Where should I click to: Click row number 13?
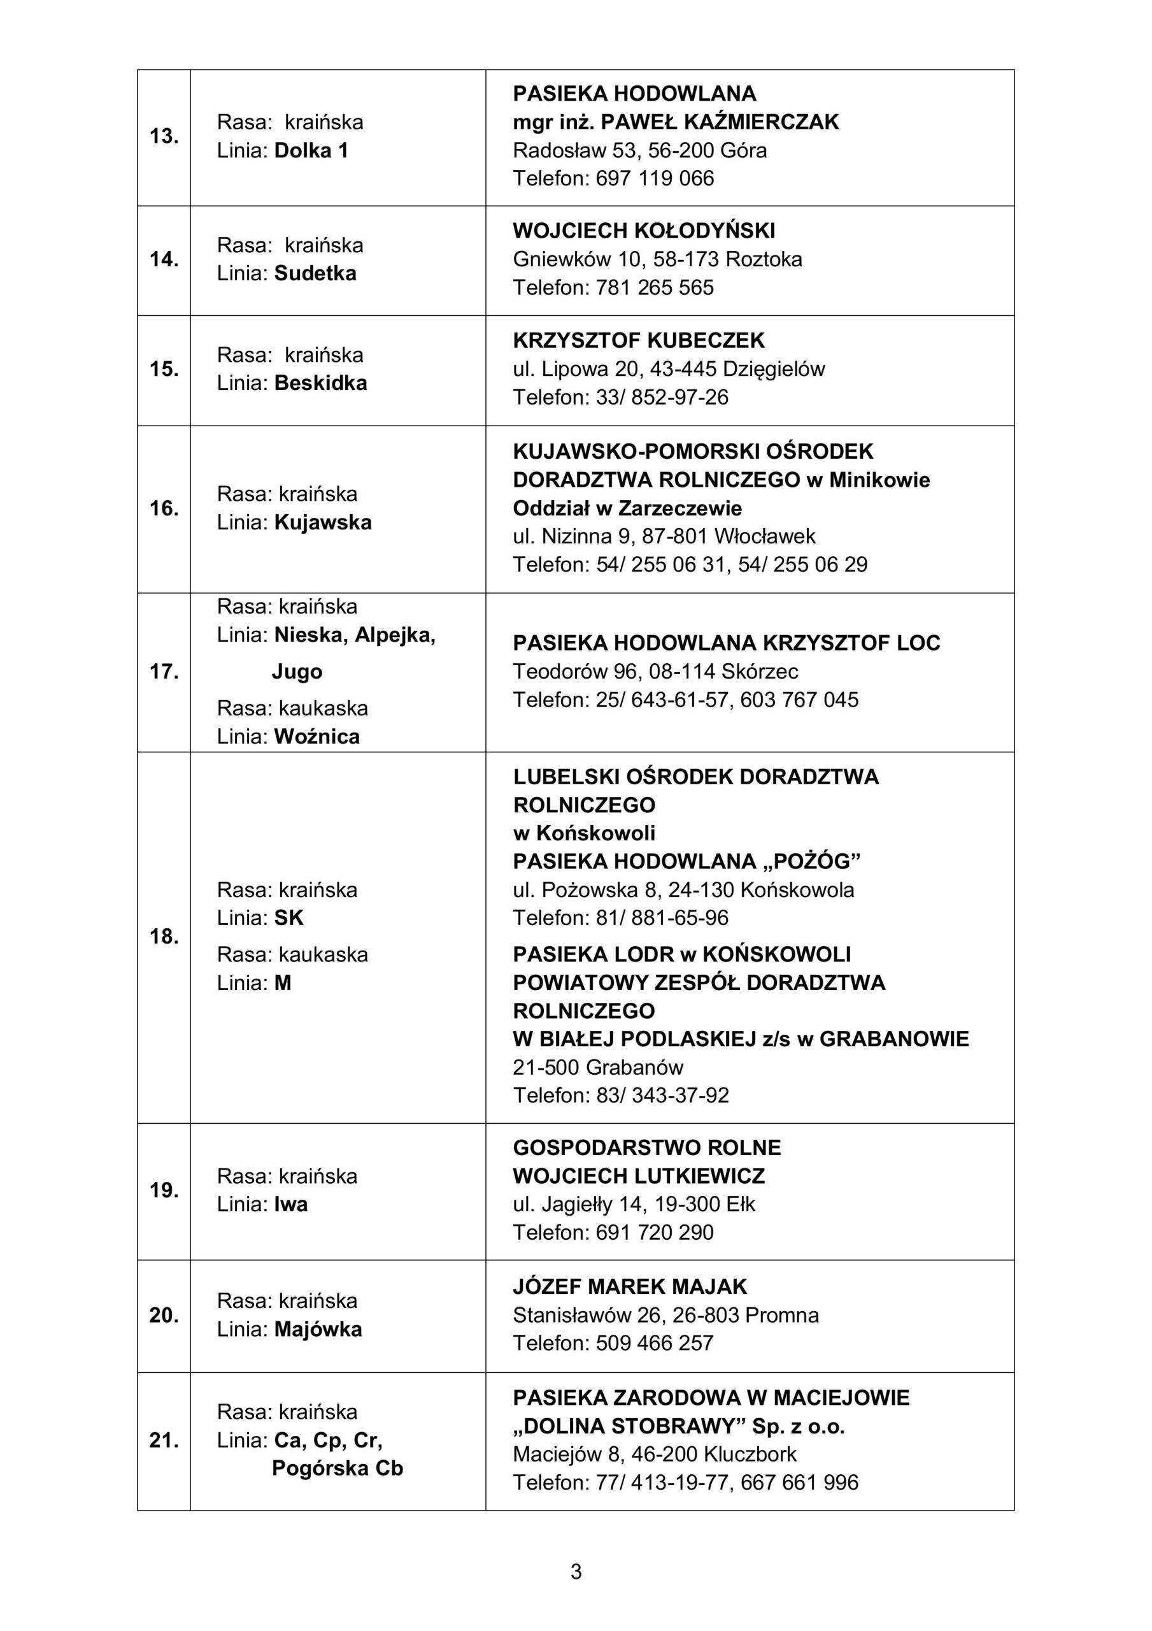click(x=164, y=136)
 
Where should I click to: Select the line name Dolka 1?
click(x=311, y=150)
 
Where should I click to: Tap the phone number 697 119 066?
click(x=655, y=178)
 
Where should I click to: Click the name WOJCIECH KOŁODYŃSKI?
click(x=643, y=231)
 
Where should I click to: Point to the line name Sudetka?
click(x=315, y=273)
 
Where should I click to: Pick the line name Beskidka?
click(x=320, y=384)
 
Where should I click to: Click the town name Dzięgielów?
click(x=774, y=370)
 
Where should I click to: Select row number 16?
click(x=164, y=508)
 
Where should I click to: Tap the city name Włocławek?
click(x=765, y=536)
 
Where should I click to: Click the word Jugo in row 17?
click(x=297, y=672)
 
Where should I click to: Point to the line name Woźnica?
click(x=316, y=736)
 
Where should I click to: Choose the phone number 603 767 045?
click(x=799, y=700)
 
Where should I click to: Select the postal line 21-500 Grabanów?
click(x=598, y=1067)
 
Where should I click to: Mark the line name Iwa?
click(x=290, y=1204)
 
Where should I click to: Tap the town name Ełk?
click(x=741, y=1204)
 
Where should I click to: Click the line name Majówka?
click(x=318, y=1329)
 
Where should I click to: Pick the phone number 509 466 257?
click(x=655, y=1342)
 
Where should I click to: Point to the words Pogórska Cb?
click(x=338, y=1469)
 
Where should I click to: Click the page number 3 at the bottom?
click(x=576, y=1572)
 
